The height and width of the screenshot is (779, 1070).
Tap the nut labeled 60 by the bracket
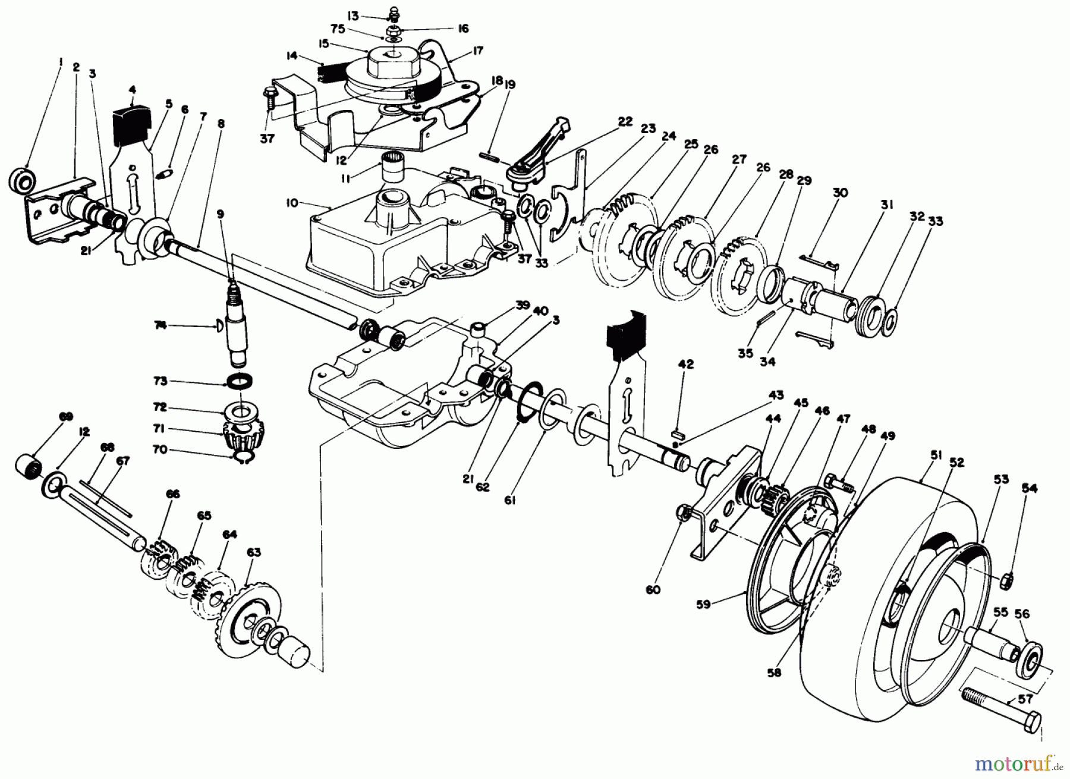click(683, 511)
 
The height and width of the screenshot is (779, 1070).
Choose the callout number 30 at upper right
click(840, 192)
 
